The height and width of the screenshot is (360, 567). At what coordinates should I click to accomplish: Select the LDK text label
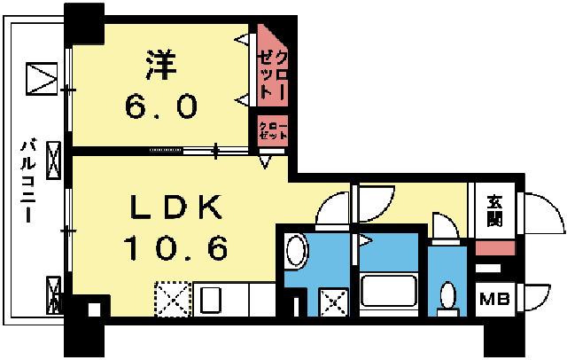[x=175, y=208]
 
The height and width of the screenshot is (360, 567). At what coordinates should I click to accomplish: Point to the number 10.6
[x=175, y=247]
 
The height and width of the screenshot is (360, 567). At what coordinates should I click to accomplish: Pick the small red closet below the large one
[x=271, y=132]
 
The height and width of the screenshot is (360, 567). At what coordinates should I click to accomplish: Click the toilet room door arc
[x=444, y=223]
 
